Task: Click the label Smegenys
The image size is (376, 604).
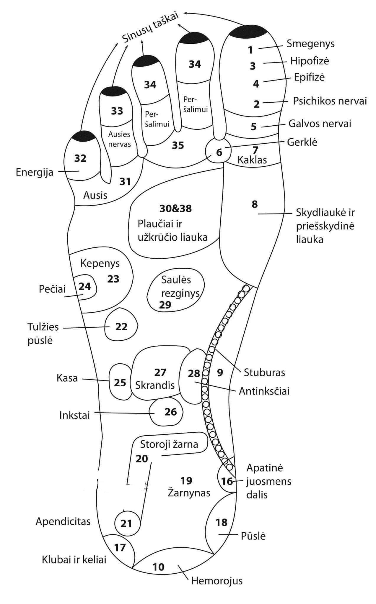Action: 311,44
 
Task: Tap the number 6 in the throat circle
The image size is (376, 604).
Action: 219,152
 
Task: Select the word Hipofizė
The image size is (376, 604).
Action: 310,61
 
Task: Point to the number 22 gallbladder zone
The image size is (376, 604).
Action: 121,327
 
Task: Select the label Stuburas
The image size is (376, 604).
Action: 264,372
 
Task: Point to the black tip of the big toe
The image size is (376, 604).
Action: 248,31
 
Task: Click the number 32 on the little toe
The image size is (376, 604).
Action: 80,158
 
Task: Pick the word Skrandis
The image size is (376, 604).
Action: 155,385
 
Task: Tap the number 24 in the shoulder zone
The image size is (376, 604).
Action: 85,286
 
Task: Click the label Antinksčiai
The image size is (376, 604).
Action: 264,391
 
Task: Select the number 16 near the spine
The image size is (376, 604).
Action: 227,481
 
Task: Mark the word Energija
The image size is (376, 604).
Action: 35,172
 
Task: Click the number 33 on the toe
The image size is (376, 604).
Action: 117,111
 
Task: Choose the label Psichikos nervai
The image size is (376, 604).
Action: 330,101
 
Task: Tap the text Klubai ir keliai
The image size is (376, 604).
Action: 74,559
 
